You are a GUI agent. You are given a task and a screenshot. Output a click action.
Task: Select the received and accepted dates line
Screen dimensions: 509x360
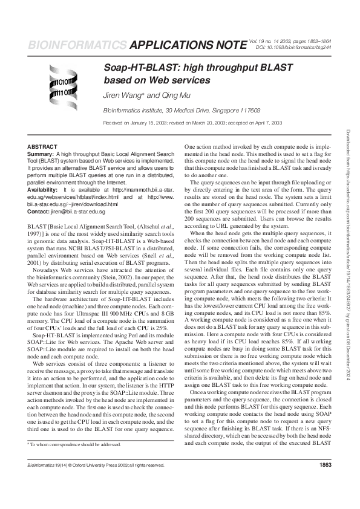point(193,122)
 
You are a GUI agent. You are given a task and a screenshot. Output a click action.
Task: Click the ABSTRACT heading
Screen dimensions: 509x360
point(42,147)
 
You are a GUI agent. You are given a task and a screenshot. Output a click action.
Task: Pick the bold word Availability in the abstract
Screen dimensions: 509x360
point(44,190)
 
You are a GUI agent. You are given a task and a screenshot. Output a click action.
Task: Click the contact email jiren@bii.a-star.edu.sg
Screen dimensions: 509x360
point(79,213)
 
